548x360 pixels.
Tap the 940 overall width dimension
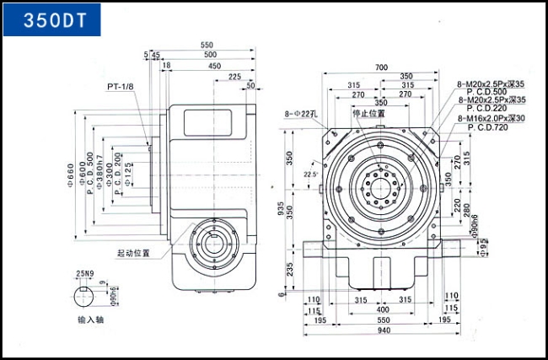point(384,331)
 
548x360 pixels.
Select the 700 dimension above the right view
point(381,67)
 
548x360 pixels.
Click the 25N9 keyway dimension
point(83,274)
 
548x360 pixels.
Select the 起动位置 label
point(134,252)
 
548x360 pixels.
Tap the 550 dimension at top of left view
point(207,45)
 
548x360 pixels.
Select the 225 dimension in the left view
point(234,76)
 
